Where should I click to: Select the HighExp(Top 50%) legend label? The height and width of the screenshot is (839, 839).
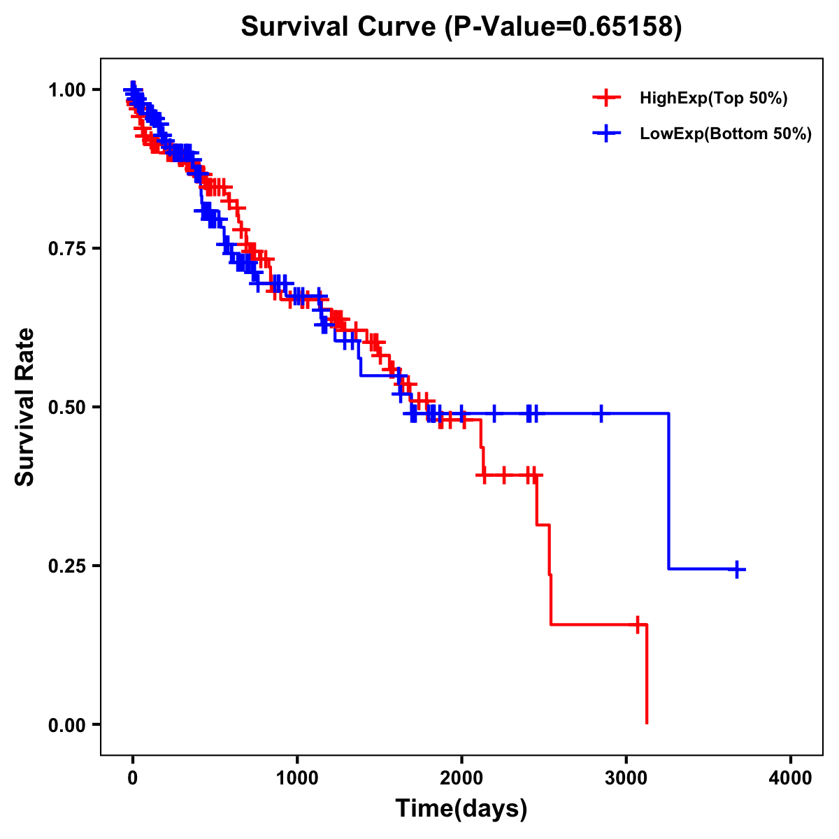tap(713, 99)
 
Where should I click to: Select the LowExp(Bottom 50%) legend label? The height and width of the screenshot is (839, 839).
tap(726, 134)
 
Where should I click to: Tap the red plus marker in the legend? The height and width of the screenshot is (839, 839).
tap(606, 99)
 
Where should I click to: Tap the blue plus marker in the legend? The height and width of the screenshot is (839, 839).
tap(606, 134)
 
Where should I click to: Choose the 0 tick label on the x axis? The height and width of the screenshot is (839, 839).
tap(133, 778)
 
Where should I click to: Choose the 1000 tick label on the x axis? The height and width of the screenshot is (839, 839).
tap(297, 778)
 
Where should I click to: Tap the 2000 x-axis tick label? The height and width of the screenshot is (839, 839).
tap(461, 778)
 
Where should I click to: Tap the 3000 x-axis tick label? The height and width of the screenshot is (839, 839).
tap(626, 778)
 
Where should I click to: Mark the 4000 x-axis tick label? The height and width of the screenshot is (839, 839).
tap(791, 778)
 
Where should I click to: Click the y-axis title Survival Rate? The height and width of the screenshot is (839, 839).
tap(25, 406)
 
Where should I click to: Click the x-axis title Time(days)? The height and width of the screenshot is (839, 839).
tap(461, 809)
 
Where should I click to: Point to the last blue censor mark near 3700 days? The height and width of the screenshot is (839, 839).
tap(736, 569)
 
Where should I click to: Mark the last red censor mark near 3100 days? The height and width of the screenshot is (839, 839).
tap(638, 624)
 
